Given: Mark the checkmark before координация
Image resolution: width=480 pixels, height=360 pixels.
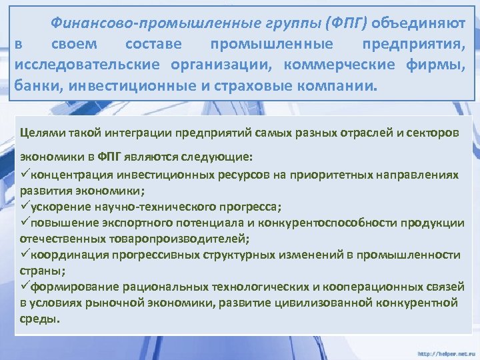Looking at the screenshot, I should pos(25,255).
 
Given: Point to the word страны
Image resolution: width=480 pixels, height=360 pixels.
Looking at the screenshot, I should pos(39,271).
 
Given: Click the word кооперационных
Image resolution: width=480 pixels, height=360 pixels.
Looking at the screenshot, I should pos(376,287).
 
